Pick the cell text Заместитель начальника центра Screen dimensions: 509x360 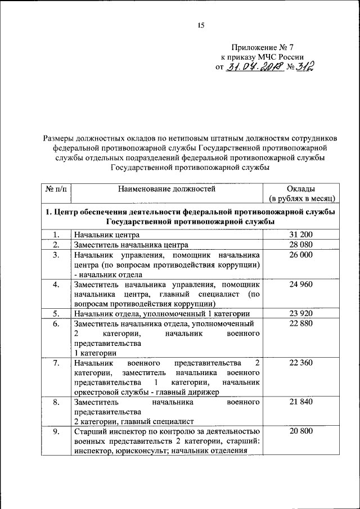click(130, 245)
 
